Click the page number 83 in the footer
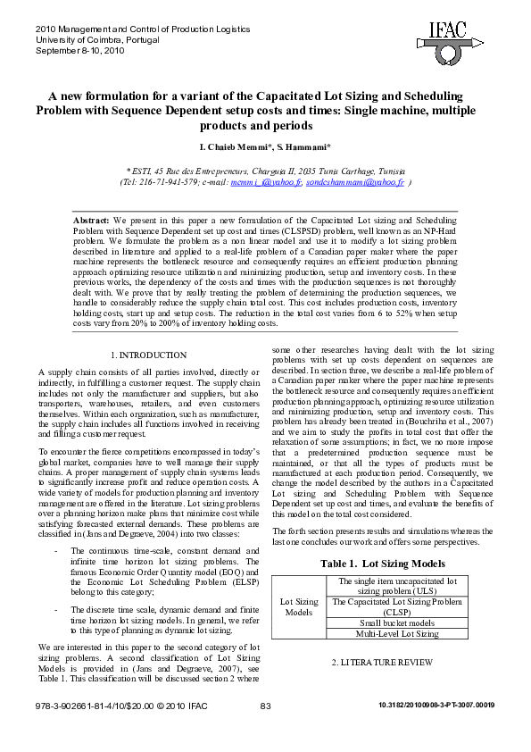coord(265,706)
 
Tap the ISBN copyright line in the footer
coord(121,706)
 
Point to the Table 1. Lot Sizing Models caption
coord(383,564)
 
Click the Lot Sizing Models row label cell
coord(299,607)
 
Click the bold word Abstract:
coord(90,219)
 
